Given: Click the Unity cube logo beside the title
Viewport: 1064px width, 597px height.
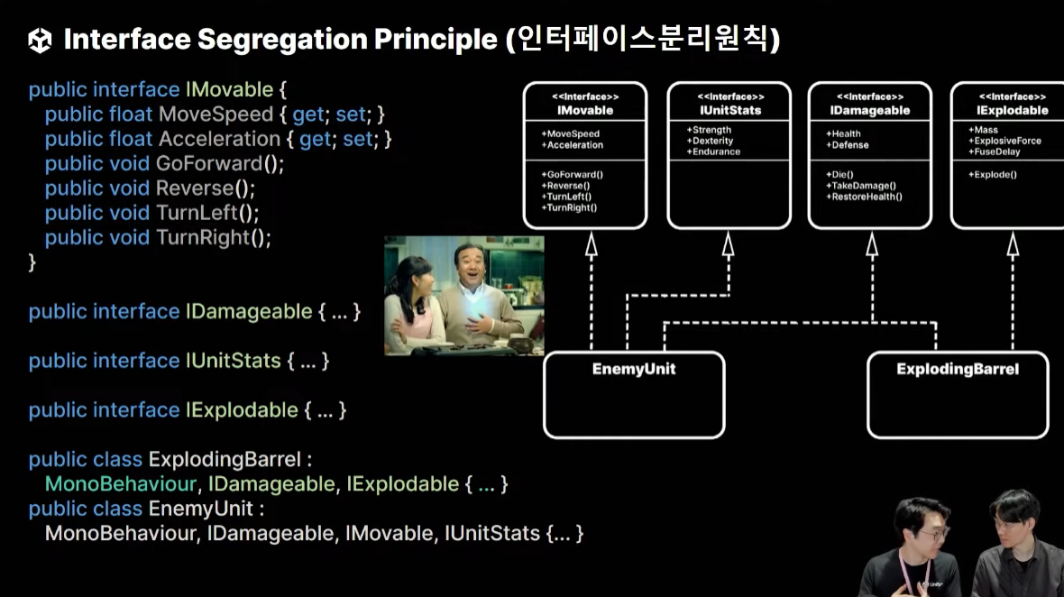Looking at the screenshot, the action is click(x=40, y=40).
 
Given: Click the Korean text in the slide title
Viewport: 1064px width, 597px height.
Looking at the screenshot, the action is click(x=643, y=40).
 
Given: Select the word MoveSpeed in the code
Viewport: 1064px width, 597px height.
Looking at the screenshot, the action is click(x=216, y=115).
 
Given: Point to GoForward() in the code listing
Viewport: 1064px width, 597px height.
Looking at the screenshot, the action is click(x=220, y=164).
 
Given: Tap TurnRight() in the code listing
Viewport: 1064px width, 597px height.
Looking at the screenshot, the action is click(x=214, y=238).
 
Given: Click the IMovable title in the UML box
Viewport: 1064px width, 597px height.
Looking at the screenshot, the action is click(x=584, y=110).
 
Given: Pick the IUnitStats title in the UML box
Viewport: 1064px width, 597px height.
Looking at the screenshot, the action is click(x=730, y=110).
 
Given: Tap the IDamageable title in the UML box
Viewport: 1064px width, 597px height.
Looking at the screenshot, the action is click(x=870, y=110).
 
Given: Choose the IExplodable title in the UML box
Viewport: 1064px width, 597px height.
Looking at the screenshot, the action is click(x=1012, y=110).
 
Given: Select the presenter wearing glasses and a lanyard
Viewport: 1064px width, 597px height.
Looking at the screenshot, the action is click(x=920, y=550).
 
